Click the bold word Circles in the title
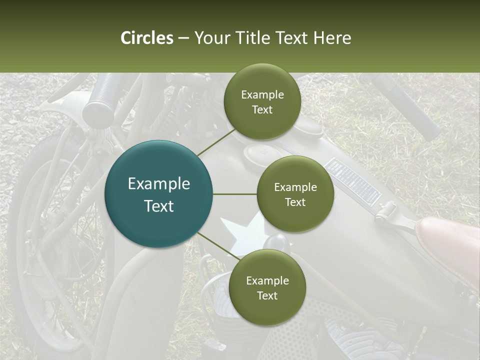(x=147, y=38)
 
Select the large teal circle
(x=159, y=194)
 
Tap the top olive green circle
(x=262, y=102)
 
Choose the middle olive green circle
(x=295, y=194)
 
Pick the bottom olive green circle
(x=267, y=288)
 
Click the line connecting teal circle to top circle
(x=216, y=142)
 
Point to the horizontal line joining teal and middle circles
(x=234, y=194)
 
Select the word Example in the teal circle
(x=159, y=184)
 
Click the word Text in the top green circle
(x=262, y=109)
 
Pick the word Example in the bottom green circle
(x=267, y=280)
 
